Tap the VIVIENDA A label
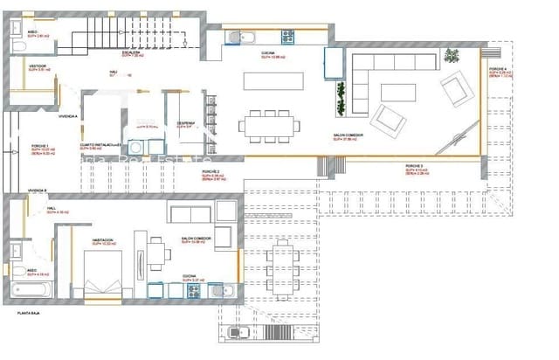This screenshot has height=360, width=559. click(x=67, y=116)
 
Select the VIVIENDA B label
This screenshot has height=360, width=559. click(x=36, y=190)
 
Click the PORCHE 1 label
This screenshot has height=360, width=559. click(x=40, y=146)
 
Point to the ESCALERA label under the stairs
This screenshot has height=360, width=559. click(x=132, y=29)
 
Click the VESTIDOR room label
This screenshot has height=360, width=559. click(x=37, y=66)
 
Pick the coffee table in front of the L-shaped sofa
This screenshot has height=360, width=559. click(x=411, y=87)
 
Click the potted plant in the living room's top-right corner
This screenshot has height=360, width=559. click(x=452, y=56)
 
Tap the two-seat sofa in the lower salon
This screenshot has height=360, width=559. click(x=191, y=214)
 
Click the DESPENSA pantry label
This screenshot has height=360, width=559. click(x=185, y=123)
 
